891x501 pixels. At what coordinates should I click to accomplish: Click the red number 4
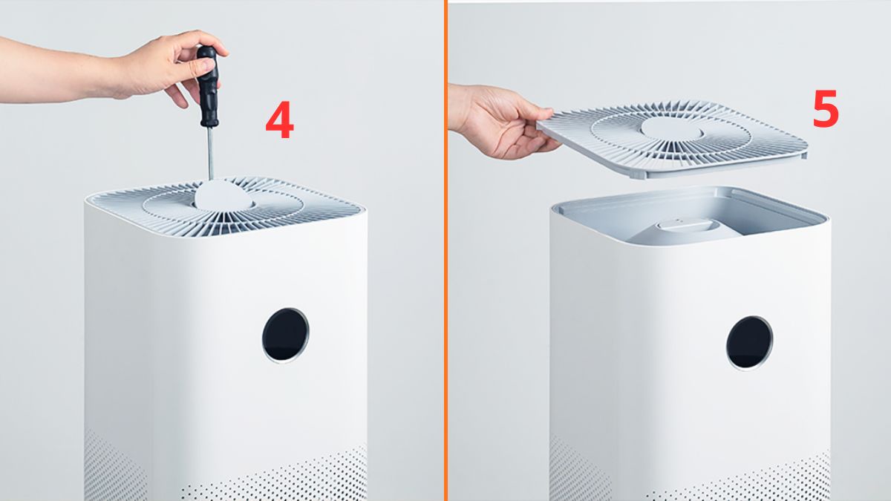pos(280,119)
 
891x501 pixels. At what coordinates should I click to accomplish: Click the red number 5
pos(826,108)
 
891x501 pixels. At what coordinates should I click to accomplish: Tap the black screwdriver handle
pos(209,86)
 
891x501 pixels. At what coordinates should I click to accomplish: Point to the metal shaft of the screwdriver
pos(210,154)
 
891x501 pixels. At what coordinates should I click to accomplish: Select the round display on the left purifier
pos(286,335)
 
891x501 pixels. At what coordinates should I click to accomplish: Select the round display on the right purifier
pos(749,343)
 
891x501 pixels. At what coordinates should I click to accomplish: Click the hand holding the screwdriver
pos(171,68)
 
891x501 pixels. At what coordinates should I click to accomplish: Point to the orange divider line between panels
pos(446,251)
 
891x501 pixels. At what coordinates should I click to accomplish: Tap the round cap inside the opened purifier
pos(688,226)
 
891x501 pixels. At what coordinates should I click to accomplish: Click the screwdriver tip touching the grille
pos(211,179)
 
